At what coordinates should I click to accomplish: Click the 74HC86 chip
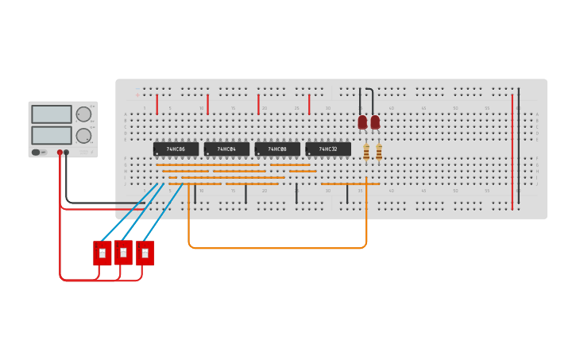click(x=176, y=149)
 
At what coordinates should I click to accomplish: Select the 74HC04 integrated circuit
click(x=226, y=149)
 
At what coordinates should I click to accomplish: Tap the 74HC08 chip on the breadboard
click(x=277, y=149)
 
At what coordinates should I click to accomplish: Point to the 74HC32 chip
click(x=328, y=149)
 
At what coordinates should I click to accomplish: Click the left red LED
click(x=362, y=122)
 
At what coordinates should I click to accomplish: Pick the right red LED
click(x=375, y=122)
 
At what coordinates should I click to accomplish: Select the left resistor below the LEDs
click(x=366, y=151)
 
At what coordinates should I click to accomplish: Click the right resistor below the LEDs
click(x=379, y=151)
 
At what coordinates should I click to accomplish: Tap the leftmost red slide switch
click(x=102, y=253)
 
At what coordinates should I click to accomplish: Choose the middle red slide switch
click(x=123, y=252)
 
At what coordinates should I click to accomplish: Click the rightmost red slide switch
click(x=145, y=253)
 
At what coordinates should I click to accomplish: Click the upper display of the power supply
click(x=52, y=114)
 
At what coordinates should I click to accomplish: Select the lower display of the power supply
click(x=52, y=135)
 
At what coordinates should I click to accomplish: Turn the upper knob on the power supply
click(x=83, y=114)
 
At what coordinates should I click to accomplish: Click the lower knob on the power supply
click(x=83, y=135)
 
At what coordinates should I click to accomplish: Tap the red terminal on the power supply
click(x=60, y=152)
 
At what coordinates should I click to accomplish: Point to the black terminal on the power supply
click(x=67, y=152)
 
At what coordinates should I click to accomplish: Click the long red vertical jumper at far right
click(x=512, y=151)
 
